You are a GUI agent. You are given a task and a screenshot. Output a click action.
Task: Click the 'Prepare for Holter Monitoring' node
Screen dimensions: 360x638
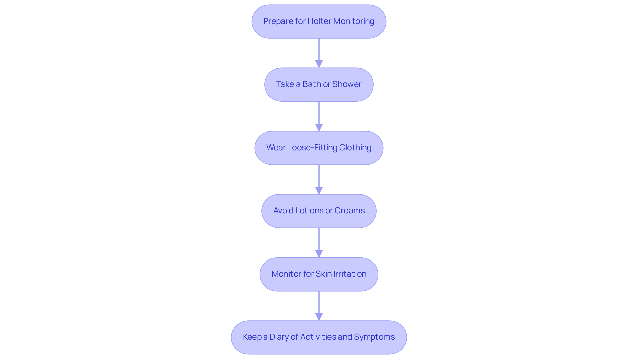[x=319, y=21]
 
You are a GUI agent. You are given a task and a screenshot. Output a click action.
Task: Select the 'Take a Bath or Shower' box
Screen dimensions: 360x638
[x=319, y=84]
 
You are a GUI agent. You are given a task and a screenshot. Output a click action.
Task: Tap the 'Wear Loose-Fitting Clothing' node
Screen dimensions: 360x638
[x=319, y=148]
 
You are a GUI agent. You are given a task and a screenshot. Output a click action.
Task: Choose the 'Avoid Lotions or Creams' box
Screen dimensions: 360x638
[x=319, y=211]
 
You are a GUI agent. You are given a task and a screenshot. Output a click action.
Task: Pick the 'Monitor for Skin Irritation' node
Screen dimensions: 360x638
[x=319, y=274]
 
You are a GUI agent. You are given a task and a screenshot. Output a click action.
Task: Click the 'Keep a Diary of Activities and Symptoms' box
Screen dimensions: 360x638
[x=319, y=337]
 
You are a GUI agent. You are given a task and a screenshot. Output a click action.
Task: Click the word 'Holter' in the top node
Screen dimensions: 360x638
[x=319, y=21]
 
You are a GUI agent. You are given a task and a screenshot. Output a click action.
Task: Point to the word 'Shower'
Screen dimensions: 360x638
[x=347, y=84]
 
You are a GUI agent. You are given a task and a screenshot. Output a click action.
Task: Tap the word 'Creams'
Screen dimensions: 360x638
[x=350, y=211]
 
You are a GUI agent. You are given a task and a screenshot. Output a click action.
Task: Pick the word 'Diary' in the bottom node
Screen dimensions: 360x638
[x=279, y=337]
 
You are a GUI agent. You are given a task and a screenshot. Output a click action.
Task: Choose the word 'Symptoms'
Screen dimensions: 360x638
[x=374, y=337]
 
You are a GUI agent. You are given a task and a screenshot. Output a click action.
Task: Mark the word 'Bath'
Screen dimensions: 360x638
[x=312, y=84]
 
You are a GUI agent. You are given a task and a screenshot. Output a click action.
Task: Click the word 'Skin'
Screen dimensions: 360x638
[x=323, y=274]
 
